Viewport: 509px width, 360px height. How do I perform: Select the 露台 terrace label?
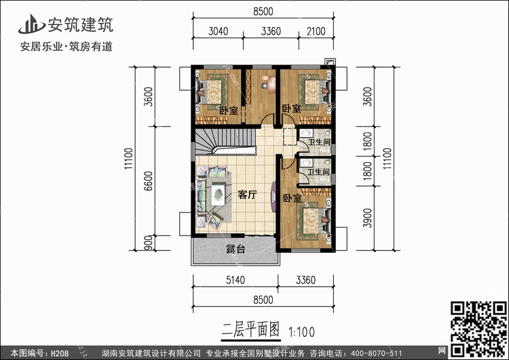click(235, 250)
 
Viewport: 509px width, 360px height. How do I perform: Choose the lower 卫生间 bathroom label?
click(319, 173)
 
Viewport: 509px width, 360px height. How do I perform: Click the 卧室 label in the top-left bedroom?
click(228, 110)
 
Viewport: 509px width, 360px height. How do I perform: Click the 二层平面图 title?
click(251, 331)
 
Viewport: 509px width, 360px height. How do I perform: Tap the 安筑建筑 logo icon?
click(29, 25)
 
